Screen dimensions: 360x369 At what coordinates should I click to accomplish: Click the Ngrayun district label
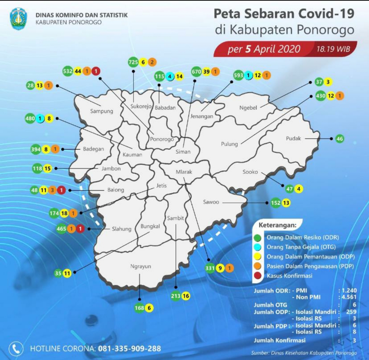click(x=140, y=266)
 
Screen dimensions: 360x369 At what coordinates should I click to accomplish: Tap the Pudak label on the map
click(x=293, y=139)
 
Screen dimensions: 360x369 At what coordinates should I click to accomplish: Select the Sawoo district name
click(x=211, y=202)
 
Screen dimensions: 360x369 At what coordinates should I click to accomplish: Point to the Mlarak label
click(x=184, y=172)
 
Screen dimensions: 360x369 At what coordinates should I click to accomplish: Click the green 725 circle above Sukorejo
click(x=133, y=62)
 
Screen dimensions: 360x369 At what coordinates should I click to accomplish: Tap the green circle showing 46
click(x=339, y=139)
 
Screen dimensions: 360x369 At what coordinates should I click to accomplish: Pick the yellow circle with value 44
click(x=78, y=71)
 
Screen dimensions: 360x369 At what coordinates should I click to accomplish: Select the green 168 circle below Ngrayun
click(x=140, y=308)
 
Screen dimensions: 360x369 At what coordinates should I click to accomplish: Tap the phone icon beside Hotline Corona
click(x=16, y=349)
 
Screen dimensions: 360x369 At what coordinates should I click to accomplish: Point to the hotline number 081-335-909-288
click(x=129, y=349)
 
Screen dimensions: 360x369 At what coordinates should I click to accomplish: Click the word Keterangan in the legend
click(x=277, y=225)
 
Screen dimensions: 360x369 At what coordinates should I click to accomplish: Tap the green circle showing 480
click(x=30, y=119)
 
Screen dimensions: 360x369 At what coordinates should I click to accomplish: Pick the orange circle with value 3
click(x=52, y=191)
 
